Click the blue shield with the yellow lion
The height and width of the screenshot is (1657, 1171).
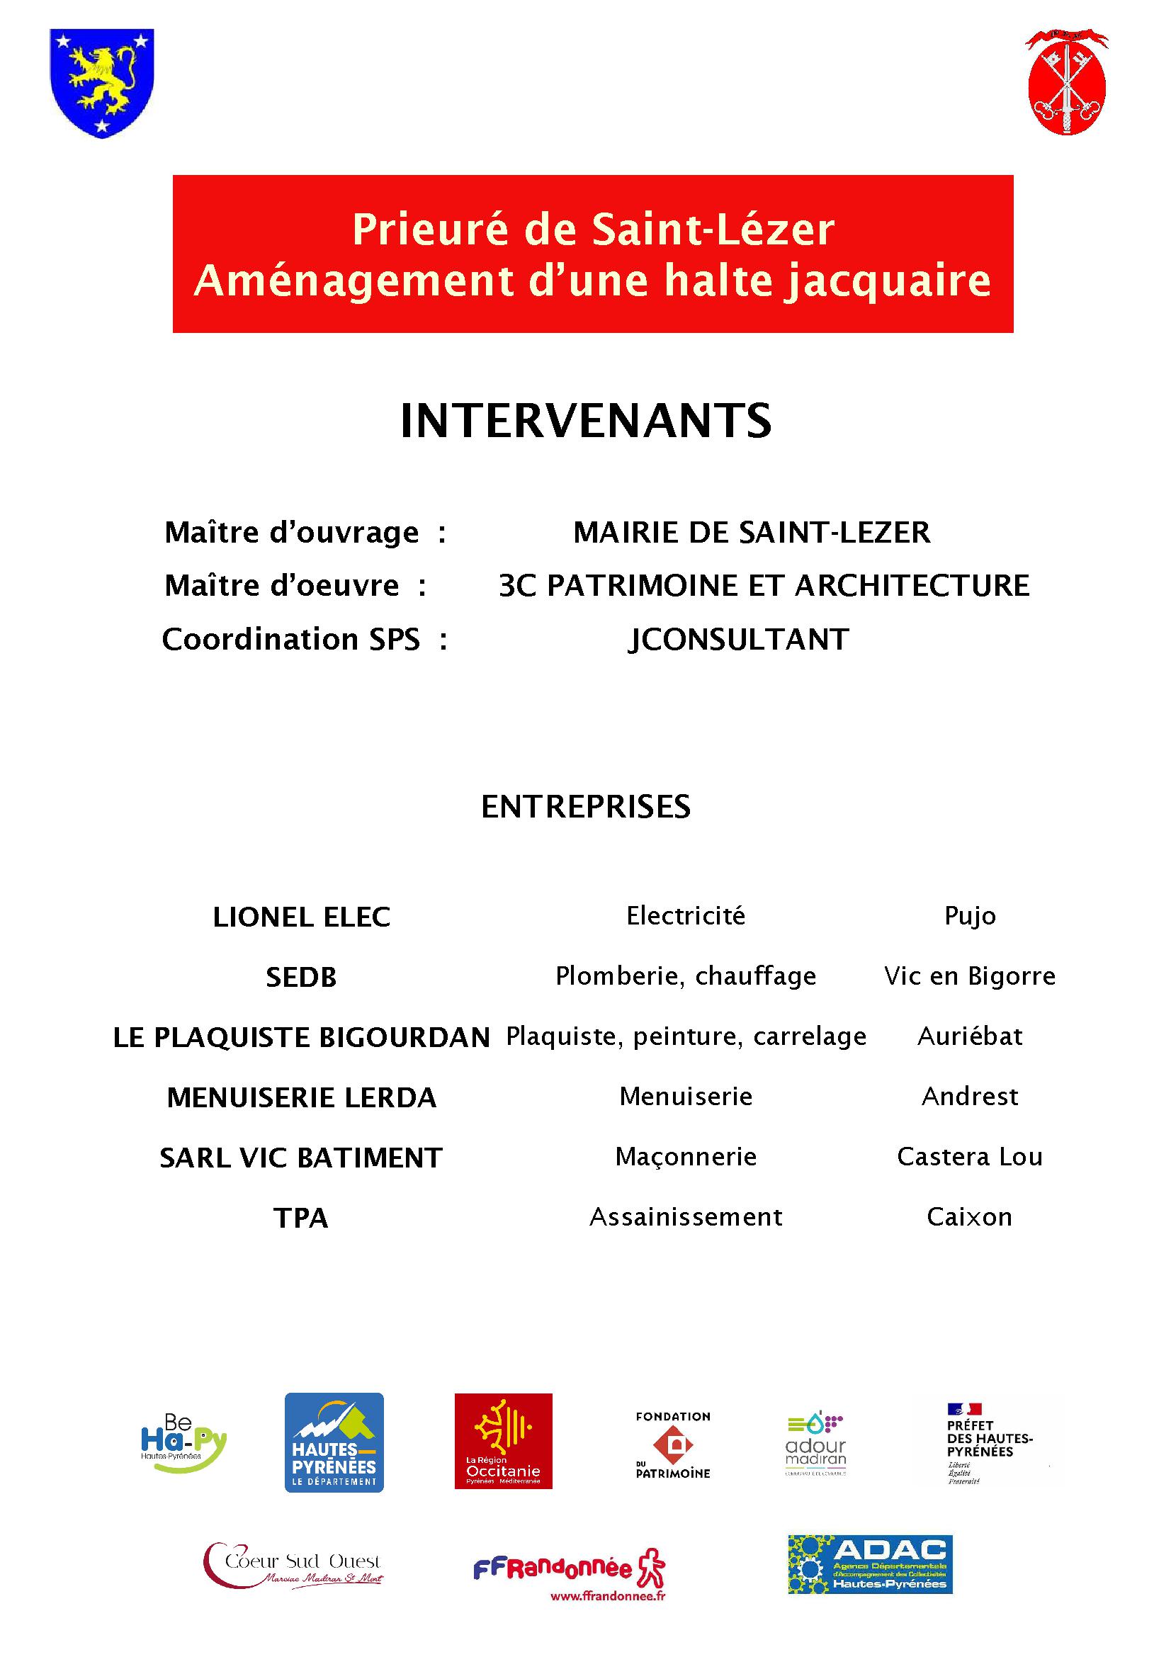coord(102,82)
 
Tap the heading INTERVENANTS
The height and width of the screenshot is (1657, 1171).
coord(585,422)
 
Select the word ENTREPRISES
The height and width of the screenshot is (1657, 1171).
coord(585,807)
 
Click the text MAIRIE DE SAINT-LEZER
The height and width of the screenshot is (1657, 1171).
coord(751,533)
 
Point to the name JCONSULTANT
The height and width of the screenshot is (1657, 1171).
coord(738,640)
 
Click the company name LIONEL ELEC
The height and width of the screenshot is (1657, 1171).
coord(302,917)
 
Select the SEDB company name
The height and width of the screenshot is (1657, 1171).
coord(302,978)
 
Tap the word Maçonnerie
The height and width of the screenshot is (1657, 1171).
coord(686,1157)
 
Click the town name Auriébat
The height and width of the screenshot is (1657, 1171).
coord(970,1036)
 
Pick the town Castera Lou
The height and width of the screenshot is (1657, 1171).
coord(970,1157)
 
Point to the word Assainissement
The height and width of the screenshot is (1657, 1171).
coord(686,1218)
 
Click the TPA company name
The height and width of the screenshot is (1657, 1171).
coord(302,1218)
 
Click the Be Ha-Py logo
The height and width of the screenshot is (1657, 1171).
coord(183,1442)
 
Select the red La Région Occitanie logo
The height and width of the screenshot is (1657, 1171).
coord(503,1440)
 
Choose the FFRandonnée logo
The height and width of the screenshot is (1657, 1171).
coord(570,1570)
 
